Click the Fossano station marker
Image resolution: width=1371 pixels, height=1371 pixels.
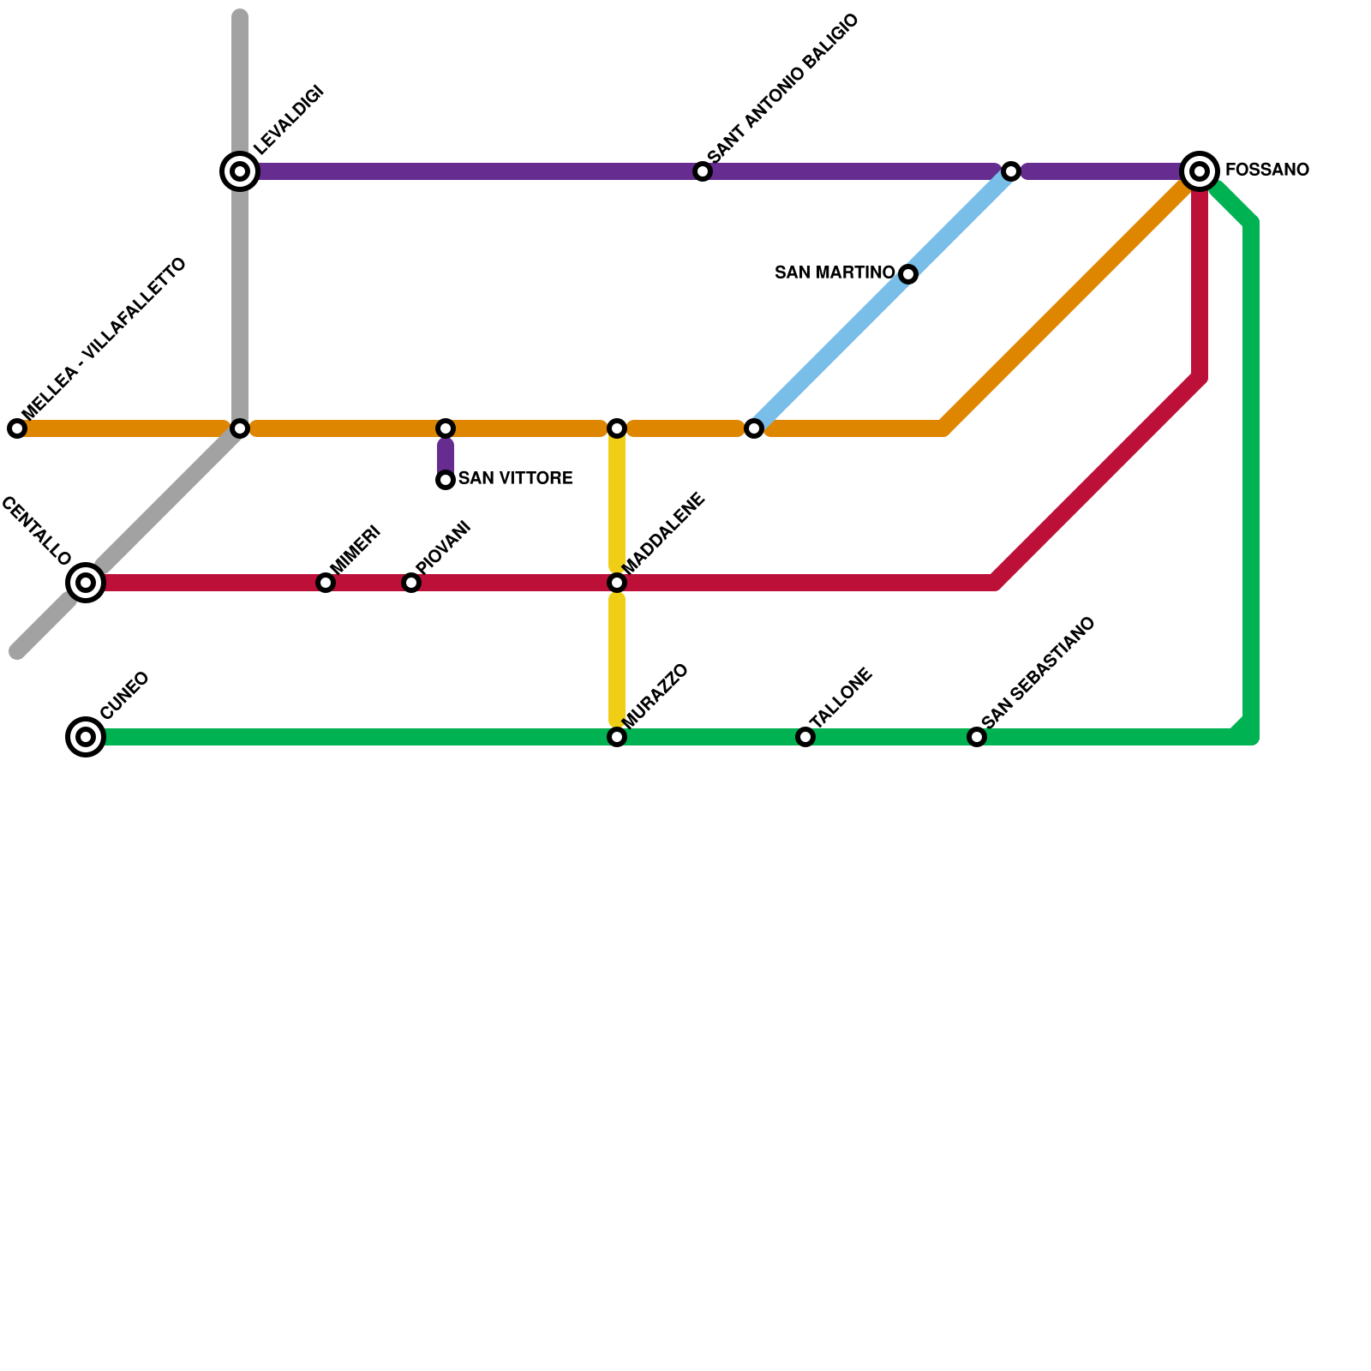[x=1200, y=171]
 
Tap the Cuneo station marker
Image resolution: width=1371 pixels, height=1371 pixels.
[x=86, y=737]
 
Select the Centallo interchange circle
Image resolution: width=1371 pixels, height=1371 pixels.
[x=86, y=583]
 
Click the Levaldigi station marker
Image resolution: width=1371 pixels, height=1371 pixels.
[x=240, y=171]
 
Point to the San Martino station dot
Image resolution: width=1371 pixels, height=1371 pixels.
[x=908, y=274]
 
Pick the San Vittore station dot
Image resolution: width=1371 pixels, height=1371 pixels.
[x=446, y=480]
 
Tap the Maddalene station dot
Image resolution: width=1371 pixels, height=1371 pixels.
[x=617, y=583]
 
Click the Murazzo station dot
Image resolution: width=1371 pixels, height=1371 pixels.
[x=617, y=737]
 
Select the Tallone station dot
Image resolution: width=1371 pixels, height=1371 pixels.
[x=805, y=737]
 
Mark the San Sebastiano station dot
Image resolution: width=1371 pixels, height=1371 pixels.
[x=977, y=737]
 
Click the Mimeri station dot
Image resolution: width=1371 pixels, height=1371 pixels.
[x=326, y=583]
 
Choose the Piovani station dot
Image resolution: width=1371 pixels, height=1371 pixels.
[x=411, y=583]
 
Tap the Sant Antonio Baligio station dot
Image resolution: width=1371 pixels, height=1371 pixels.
[x=703, y=171]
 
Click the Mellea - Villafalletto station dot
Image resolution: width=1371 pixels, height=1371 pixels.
[x=17, y=428]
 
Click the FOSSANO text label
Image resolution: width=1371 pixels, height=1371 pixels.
[x=1266, y=170]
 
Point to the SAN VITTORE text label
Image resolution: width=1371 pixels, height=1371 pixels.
[x=515, y=478]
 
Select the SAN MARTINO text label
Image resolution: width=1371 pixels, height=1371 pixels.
[x=834, y=272]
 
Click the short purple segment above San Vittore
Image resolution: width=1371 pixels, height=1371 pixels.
[x=446, y=455]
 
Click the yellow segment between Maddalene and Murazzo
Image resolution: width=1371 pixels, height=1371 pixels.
[x=617, y=660]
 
